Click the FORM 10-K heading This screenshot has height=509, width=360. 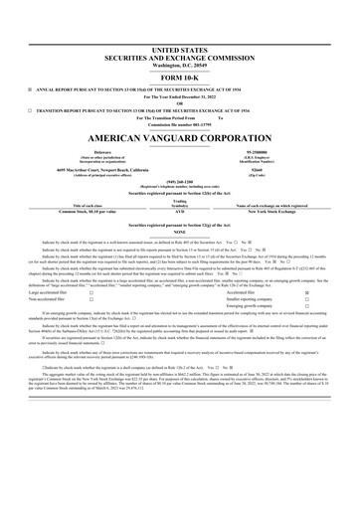coord(180,77)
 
